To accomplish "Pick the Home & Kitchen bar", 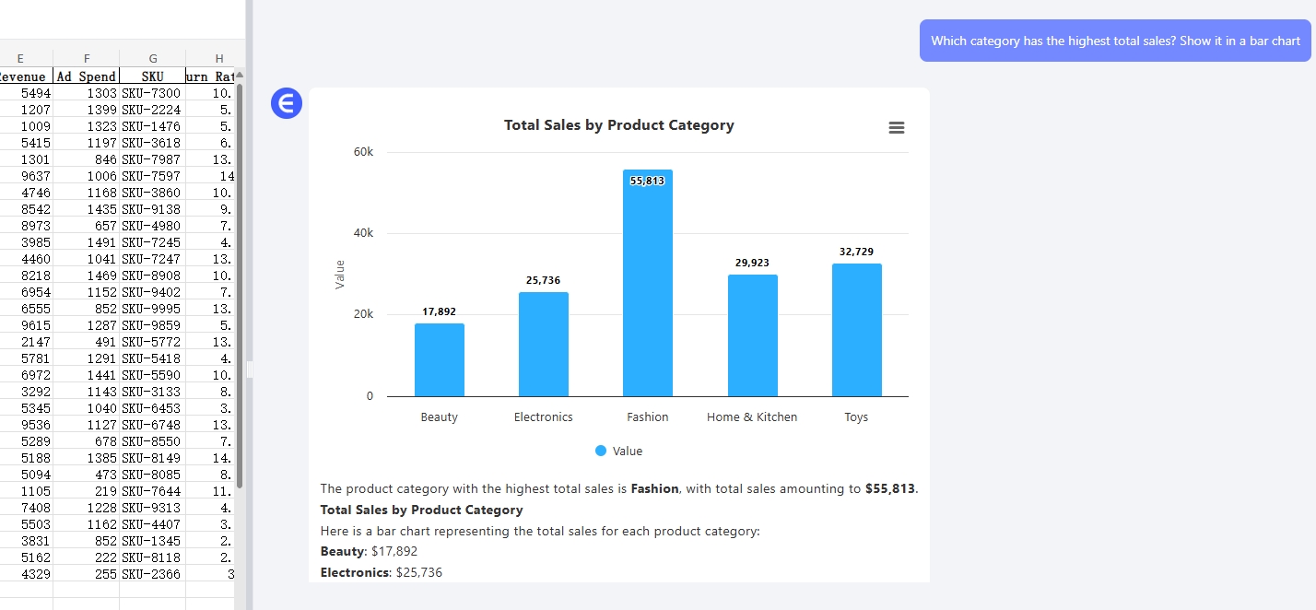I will point(752,335).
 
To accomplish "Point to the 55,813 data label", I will point(647,181).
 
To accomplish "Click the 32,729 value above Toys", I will point(856,252).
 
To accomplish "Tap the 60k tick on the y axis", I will point(363,152).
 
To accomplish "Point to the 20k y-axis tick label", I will point(363,314).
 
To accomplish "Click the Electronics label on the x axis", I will point(544,417).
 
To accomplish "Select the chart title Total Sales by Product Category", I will point(619,125).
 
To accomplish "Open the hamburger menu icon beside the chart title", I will point(897,128).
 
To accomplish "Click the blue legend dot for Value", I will point(601,452).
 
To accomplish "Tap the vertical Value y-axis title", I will point(340,275).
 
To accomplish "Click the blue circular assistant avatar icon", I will point(287,103).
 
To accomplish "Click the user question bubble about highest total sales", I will point(1115,41).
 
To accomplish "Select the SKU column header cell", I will point(153,76).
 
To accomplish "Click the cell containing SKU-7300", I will point(152,93).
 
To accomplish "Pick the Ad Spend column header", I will point(87,76).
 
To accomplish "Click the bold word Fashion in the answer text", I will point(654,489).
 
